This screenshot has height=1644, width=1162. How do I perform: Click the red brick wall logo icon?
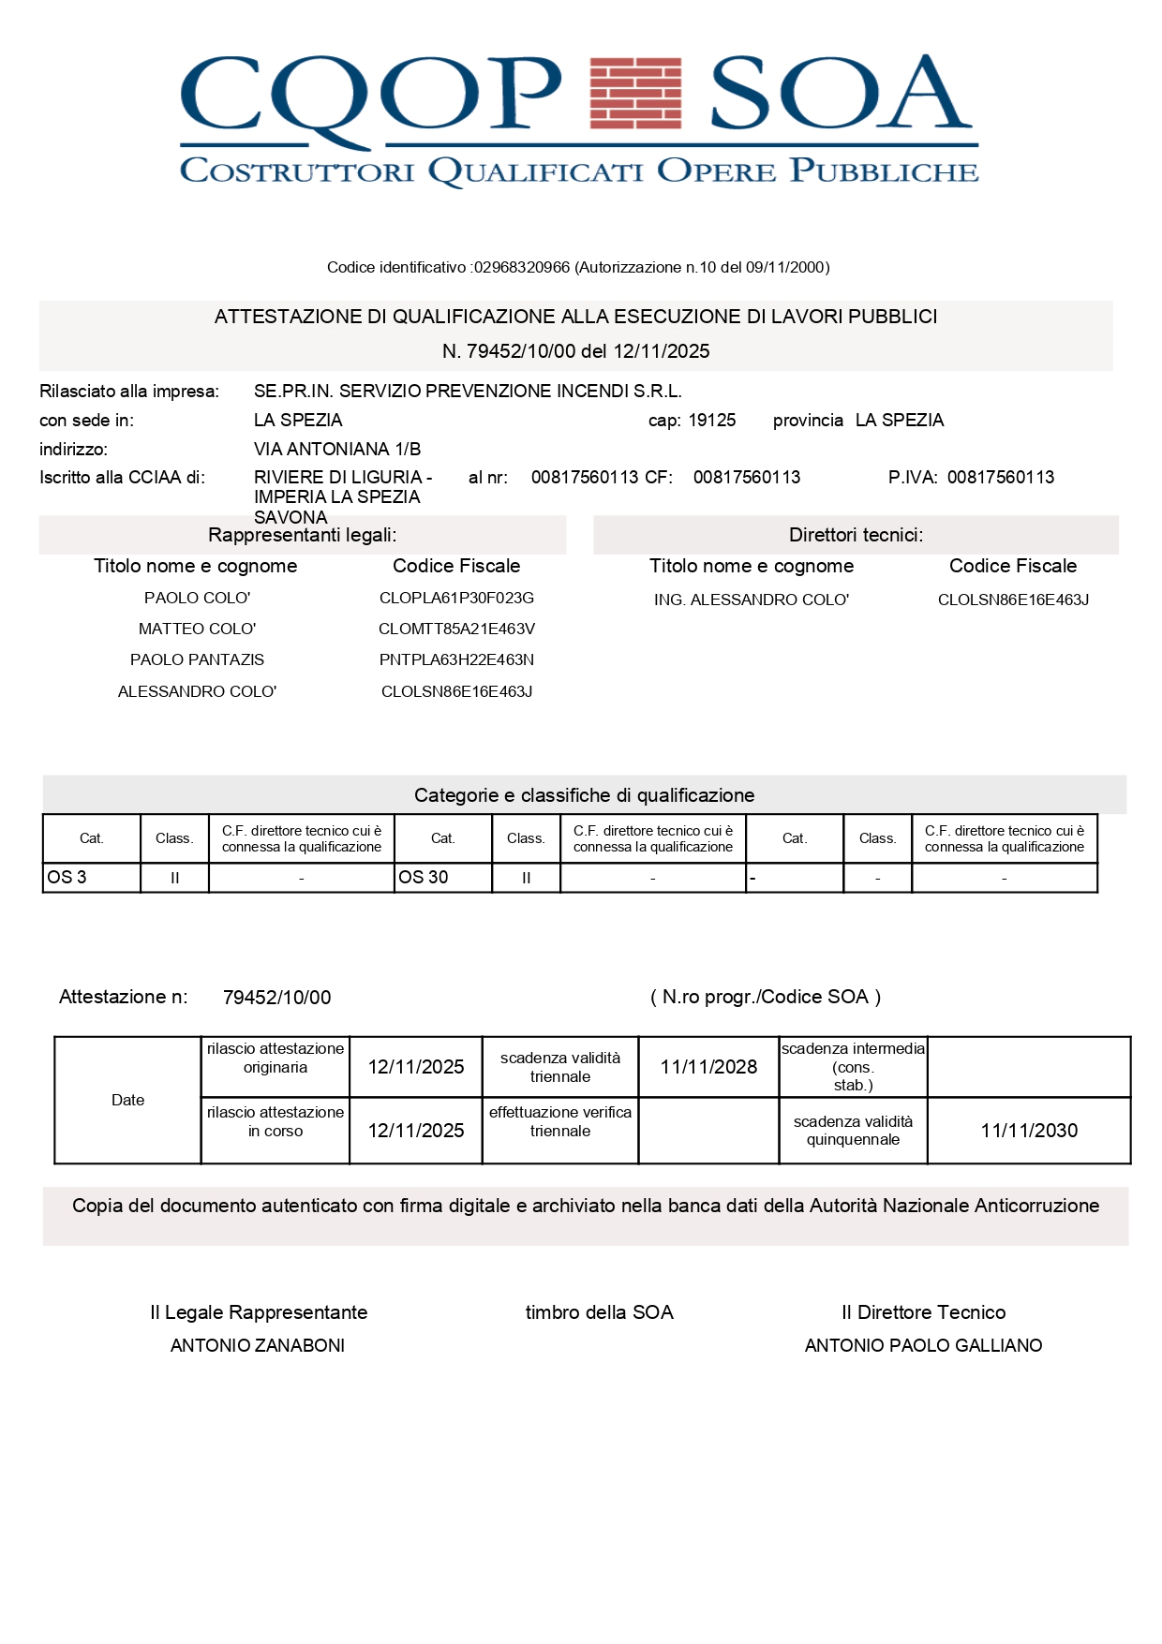635,92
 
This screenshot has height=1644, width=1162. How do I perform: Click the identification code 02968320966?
521,267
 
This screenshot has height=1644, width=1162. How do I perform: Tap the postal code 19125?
712,420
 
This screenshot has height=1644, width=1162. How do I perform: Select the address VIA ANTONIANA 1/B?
337,449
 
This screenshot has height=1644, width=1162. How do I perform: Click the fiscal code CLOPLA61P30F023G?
456,598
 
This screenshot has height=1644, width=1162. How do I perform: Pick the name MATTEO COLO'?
197,629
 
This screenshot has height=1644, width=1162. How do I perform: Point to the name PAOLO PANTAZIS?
197,659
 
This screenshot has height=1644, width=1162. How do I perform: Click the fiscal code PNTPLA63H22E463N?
456,659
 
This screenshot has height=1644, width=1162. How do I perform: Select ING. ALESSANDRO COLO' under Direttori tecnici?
752,600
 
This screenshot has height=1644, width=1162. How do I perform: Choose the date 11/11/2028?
708,1066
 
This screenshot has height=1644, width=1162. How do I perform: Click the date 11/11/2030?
1029,1130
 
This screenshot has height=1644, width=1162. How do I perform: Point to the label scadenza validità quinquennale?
853,1130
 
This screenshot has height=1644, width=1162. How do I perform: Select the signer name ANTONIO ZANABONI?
258,1345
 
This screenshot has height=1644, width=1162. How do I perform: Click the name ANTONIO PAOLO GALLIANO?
923,1345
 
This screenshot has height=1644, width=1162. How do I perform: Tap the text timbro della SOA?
599,1311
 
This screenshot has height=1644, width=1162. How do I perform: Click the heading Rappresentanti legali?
302,534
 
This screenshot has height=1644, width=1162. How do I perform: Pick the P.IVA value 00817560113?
1000,477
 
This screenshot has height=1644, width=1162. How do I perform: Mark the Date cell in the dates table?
127,1100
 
